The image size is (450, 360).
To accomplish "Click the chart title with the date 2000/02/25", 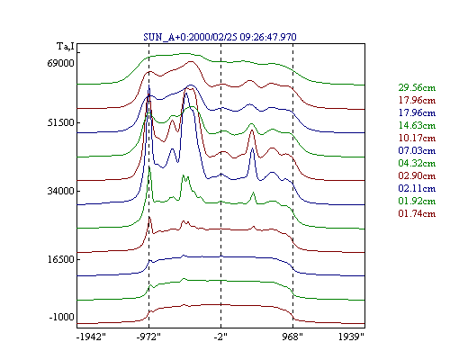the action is click(x=220, y=37).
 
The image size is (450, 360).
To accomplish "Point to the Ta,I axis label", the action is click(x=66, y=47).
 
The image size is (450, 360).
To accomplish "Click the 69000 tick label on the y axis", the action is click(x=61, y=63).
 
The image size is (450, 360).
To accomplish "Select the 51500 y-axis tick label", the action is click(x=61, y=122).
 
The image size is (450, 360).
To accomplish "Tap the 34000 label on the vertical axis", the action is click(x=61, y=191).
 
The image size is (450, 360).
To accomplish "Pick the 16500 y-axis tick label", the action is click(x=61, y=259).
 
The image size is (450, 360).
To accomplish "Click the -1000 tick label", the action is click(x=62, y=317).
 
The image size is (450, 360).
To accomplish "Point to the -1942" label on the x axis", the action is click(x=91, y=337).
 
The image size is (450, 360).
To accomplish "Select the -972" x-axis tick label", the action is click(x=148, y=337).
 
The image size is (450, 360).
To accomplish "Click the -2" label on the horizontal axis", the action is click(x=220, y=337).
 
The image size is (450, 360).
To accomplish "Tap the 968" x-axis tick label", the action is click(x=292, y=337).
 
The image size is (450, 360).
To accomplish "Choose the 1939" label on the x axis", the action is click(x=351, y=337).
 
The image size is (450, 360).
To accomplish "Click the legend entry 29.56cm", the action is click(x=417, y=87).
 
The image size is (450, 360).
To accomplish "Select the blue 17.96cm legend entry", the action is click(x=417, y=112).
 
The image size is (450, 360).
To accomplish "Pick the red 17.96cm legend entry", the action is click(x=417, y=100).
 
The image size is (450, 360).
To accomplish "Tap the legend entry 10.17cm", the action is click(x=417, y=138).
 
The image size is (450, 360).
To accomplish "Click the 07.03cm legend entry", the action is click(x=417, y=150).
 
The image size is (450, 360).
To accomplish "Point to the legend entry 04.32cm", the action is click(x=417, y=163).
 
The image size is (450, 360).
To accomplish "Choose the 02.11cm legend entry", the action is click(x=417, y=188).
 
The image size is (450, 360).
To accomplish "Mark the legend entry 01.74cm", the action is click(x=417, y=213).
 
